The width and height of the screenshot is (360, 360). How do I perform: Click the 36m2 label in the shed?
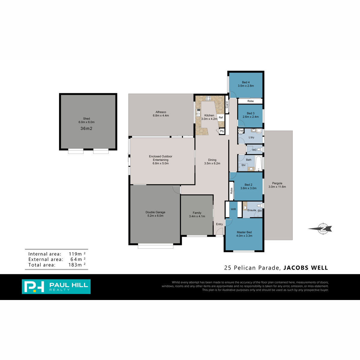(86, 128)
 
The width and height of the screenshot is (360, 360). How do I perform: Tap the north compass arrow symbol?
(320, 229)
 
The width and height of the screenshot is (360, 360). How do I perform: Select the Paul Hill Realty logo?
(56, 286)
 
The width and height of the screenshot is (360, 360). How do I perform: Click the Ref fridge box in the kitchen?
(220, 118)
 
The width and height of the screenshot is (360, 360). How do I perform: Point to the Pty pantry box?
(222, 131)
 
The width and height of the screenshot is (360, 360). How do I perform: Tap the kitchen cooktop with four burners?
(208, 98)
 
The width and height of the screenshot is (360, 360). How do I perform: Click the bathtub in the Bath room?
(259, 163)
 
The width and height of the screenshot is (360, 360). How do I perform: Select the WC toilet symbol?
(259, 149)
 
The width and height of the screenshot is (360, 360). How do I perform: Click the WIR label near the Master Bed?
(233, 209)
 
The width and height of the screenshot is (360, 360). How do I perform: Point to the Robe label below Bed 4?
(250, 101)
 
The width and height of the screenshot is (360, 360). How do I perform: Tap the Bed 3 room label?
(250, 113)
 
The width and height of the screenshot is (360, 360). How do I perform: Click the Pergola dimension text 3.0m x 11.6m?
(277, 187)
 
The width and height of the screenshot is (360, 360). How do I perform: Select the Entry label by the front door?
(219, 224)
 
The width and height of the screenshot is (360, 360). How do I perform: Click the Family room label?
(197, 213)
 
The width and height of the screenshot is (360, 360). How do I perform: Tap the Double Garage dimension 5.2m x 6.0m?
(155, 216)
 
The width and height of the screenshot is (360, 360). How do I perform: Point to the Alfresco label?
(161, 112)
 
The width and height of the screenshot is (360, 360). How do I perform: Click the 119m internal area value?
(75, 254)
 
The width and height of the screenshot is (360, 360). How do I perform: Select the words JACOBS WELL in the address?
(306, 268)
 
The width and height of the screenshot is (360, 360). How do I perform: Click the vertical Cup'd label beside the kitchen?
(227, 105)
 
